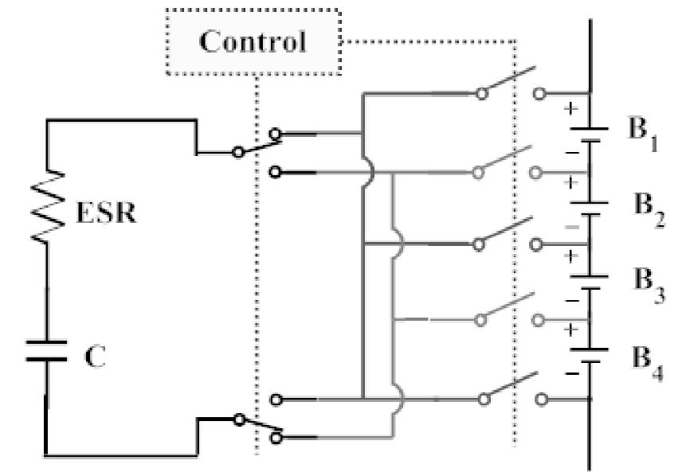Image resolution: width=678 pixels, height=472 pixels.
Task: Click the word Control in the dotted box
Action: (253, 41)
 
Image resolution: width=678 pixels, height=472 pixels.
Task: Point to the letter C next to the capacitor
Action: (95, 356)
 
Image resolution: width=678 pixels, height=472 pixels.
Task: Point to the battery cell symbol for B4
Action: (590, 354)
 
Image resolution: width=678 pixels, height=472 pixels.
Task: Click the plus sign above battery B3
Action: (570, 256)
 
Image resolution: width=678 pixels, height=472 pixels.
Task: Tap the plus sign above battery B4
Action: (570, 328)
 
